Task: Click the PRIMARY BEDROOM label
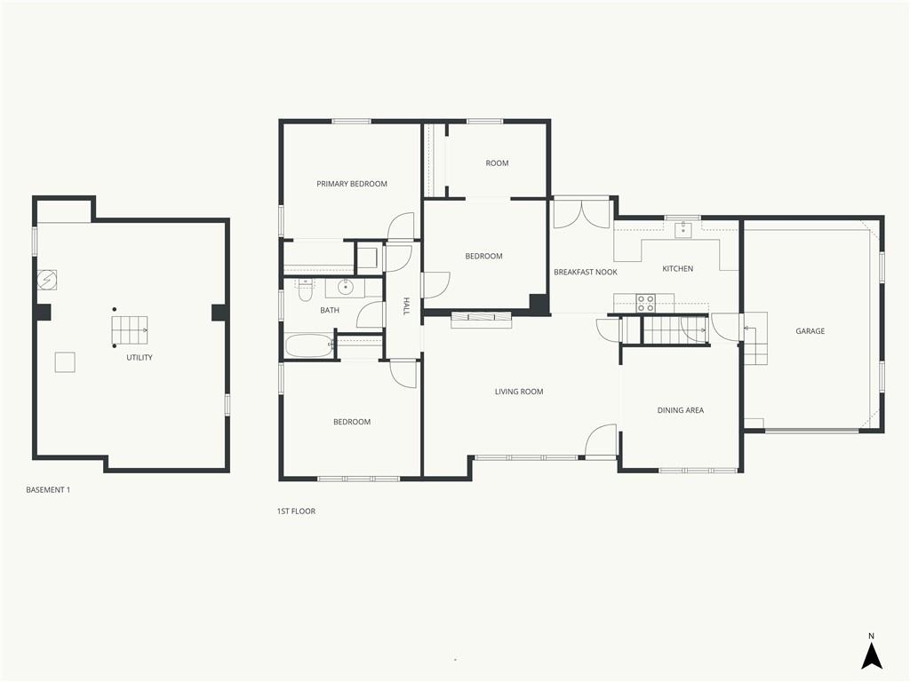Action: pos(352,184)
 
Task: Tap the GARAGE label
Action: pos(810,331)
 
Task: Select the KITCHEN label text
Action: pos(677,268)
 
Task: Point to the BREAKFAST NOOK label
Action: pos(585,272)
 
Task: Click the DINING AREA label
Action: pos(680,410)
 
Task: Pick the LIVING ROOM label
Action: pos(519,392)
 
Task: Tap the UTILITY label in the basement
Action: pos(140,357)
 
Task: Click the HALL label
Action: pos(406,306)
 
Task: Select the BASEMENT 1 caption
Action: pos(48,490)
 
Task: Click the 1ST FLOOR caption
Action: pos(296,511)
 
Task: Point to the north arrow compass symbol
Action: pos(871,653)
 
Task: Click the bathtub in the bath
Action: pos(308,345)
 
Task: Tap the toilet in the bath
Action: pos(306,290)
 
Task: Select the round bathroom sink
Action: pos(346,287)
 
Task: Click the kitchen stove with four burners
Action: pos(646,304)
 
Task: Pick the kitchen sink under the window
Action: pos(683,228)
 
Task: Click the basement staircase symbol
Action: pos(130,329)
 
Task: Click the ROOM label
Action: pos(497,163)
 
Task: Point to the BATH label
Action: pos(330,310)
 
